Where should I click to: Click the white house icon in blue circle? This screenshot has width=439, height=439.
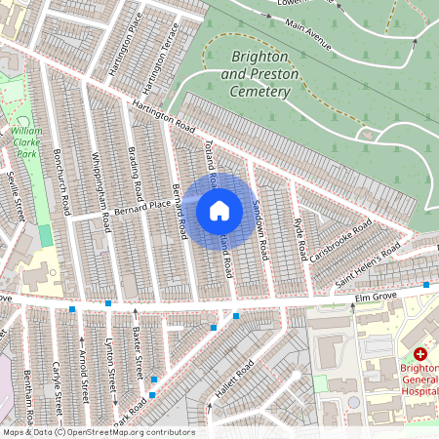[x=219, y=211]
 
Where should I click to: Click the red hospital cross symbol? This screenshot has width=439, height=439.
[x=420, y=355]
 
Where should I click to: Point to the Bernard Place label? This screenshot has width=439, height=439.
[x=141, y=207]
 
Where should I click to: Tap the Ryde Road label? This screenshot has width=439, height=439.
[x=299, y=234]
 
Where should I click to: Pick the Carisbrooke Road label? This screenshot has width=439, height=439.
[x=337, y=238]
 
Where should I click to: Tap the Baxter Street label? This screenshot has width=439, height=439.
[x=140, y=354]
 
